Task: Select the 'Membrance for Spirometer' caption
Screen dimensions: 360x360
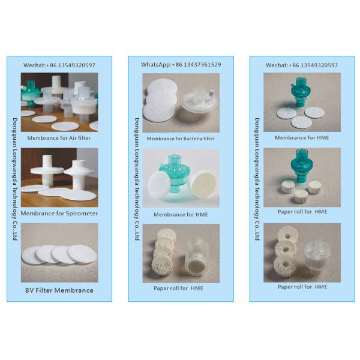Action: [x=59, y=213]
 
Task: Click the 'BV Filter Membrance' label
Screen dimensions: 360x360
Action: [x=59, y=290]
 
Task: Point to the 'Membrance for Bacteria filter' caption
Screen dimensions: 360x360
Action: [x=181, y=139]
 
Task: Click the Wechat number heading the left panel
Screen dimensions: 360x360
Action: [x=59, y=65]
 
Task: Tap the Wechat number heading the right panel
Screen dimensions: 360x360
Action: [x=302, y=65]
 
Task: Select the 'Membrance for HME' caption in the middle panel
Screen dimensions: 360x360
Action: [x=181, y=214]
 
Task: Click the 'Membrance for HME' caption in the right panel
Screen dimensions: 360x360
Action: [x=302, y=137]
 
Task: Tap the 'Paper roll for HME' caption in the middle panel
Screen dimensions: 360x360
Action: [x=181, y=289]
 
